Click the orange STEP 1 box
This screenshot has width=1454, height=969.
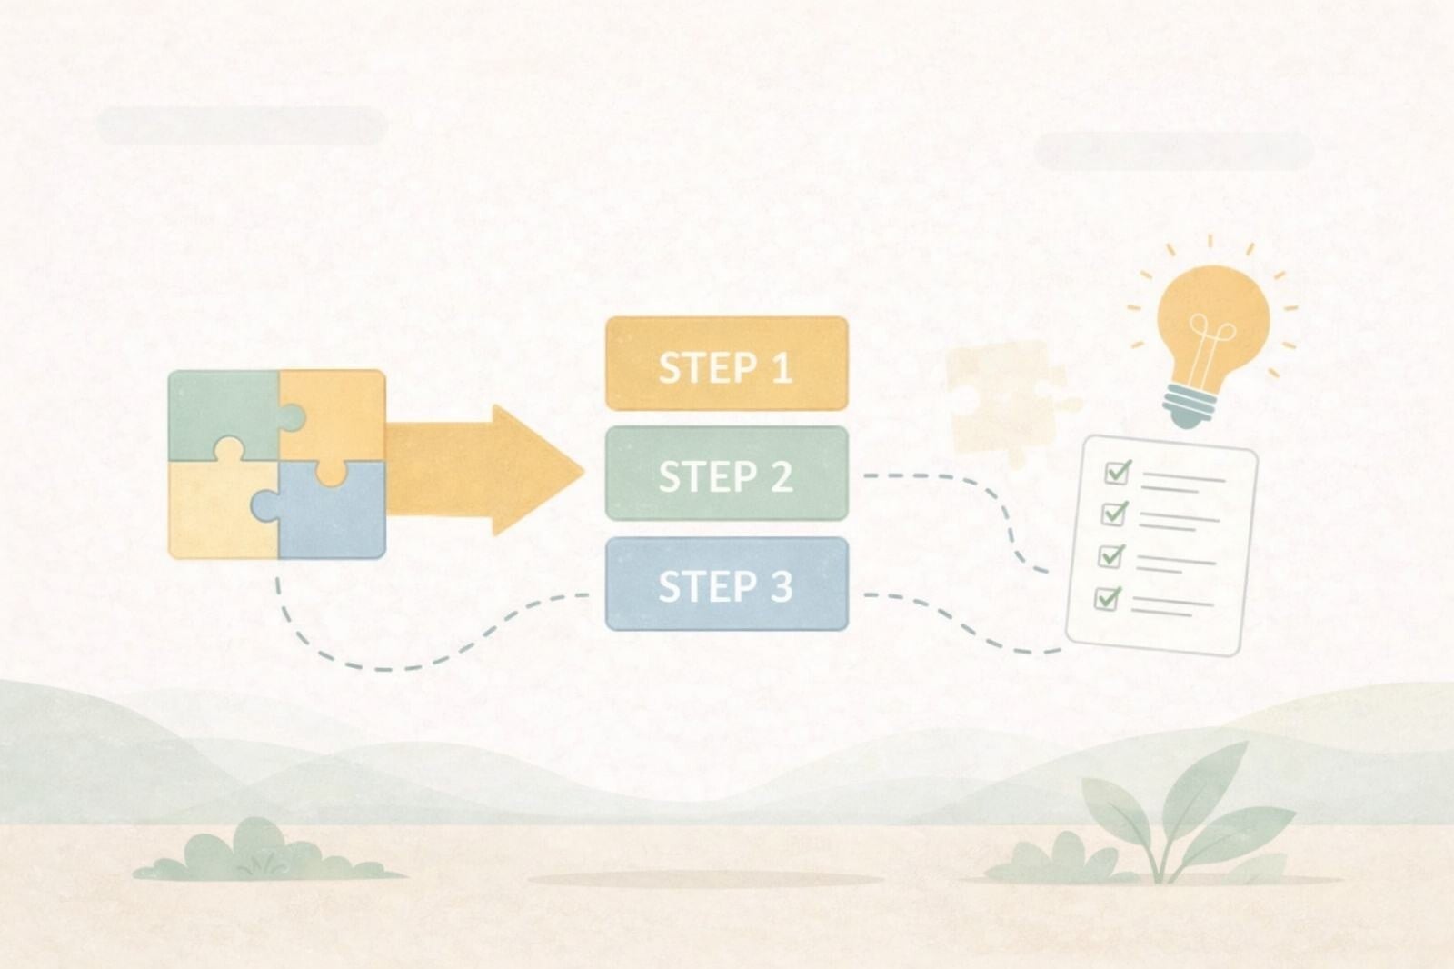coord(726,364)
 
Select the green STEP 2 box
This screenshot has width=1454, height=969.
coord(726,474)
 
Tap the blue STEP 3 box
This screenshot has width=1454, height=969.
coord(726,584)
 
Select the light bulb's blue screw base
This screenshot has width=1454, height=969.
coord(1189,404)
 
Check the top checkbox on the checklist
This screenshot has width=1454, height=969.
coord(1117,472)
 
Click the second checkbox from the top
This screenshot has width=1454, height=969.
coord(1113,514)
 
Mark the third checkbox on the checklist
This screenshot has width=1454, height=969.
coord(1110,555)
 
